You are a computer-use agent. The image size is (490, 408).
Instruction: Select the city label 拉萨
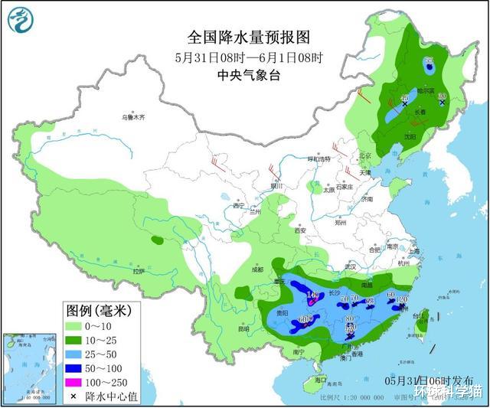click(138, 271)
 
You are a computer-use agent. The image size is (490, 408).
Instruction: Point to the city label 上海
click(414, 251)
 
